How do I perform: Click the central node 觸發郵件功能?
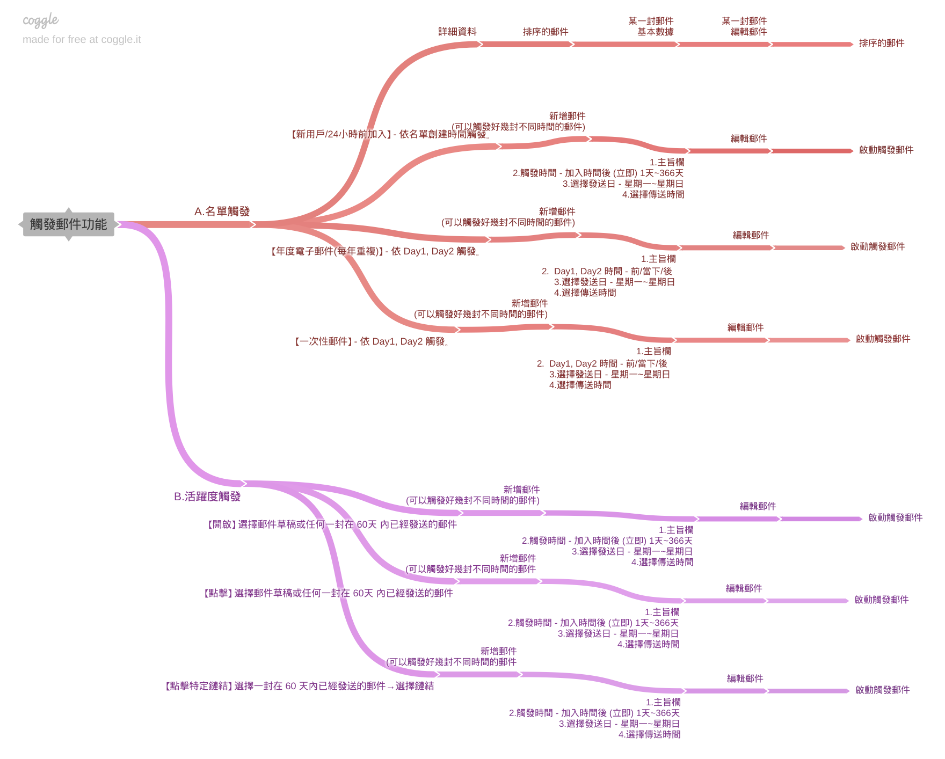coord(68,224)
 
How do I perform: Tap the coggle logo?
coord(40,20)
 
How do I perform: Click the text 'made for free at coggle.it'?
coord(82,39)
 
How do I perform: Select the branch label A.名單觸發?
coord(222,211)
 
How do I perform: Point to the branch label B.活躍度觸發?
coord(207,497)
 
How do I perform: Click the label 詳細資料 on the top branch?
coord(457,32)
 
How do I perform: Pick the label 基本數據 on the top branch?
coord(655,32)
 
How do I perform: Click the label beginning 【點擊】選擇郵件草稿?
coord(327,593)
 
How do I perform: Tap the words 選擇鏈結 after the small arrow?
coord(415,686)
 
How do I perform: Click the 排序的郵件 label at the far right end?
coord(881,43)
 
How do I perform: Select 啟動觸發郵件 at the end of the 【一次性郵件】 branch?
coord(883,339)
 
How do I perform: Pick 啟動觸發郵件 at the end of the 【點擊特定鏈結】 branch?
coord(882,690)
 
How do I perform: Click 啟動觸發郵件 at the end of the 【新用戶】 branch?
coord(886,150)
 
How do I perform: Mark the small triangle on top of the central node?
coord(69,210)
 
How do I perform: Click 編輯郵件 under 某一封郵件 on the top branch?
coord(748,32)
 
